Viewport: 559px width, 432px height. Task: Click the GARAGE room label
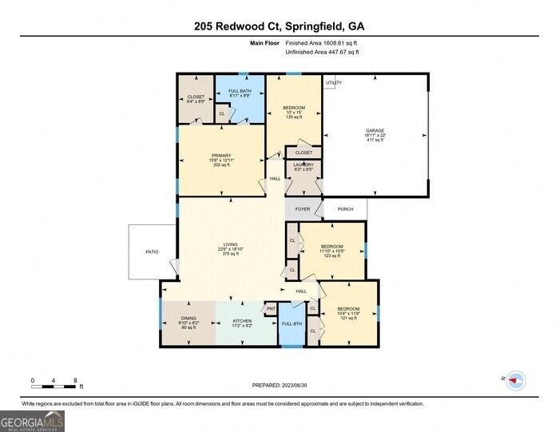coord(375,129)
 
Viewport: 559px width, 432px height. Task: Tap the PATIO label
coord(152,252)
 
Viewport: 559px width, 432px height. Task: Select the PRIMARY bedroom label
coord(221,156)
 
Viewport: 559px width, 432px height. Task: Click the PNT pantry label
coord(271,308)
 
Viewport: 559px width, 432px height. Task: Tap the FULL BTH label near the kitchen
coord(291,323)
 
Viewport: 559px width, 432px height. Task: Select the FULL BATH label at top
coord(240,92)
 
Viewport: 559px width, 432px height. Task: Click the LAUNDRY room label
coord(304,165)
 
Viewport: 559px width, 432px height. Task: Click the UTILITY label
coord(333,82)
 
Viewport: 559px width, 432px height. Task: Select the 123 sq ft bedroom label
coord(331,246)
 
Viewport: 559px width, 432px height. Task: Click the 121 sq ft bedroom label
coord(347,309)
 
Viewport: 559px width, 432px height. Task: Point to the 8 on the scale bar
coord(75,380)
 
